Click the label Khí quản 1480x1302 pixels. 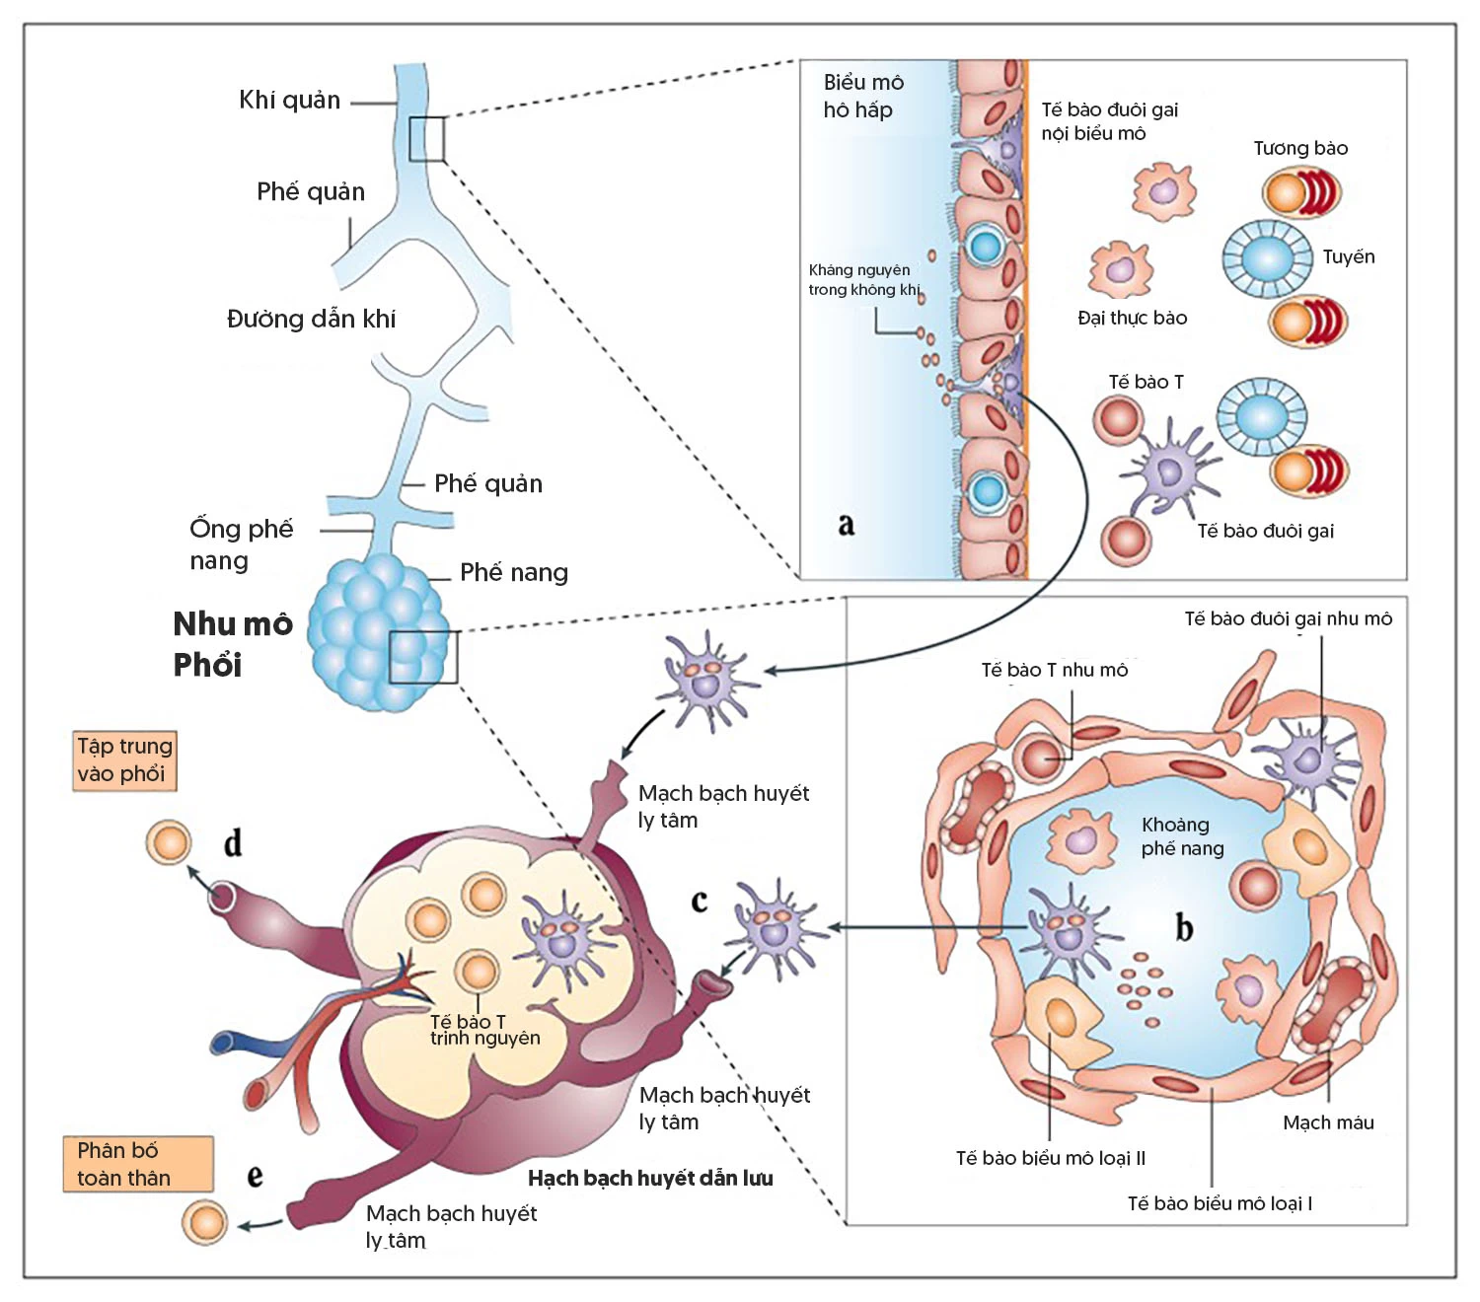(x=289, y=101)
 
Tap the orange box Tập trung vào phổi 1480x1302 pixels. (x=124, y=759)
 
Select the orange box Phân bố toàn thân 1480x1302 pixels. (x=138, y=1164)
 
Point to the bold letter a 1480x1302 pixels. (x=846, y=524)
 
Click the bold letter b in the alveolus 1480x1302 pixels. (x=1184, y=927)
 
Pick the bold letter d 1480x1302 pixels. (x=233, y=843)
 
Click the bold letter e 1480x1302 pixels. (x=255, y=1176)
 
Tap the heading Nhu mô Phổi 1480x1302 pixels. (x=233, y=644)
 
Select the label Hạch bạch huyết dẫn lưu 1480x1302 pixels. (x=650, y=1178)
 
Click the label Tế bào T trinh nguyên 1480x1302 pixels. (x=483, y=1030)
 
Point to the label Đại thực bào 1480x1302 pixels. (x=1132, y=318)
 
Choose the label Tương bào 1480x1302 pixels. (x=1300, y=149)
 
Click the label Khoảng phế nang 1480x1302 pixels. (x=1182, y=836)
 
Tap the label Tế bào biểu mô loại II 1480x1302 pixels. (x=1050, y=1158)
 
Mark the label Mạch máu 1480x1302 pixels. (x=1328, y=1122)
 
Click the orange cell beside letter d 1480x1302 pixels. (x=168, y=843)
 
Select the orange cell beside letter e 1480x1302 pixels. (x=205, y=1222)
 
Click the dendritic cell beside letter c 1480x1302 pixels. (x=774, y=927)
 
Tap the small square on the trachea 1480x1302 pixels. (x=426, y=139)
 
